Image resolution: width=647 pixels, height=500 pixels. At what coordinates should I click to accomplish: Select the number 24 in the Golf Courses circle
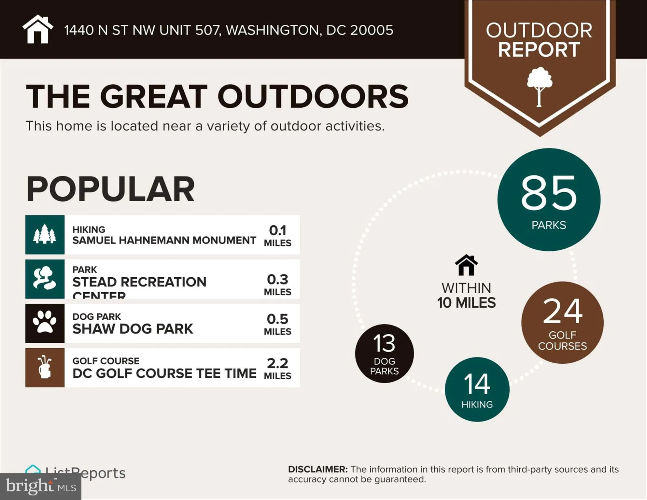pos(562,311)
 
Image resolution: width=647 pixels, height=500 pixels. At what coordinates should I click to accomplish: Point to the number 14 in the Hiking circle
pos(477,384)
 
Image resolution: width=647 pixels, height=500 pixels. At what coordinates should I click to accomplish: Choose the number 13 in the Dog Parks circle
pos(384,343)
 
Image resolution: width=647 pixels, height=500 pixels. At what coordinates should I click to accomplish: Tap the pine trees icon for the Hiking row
pos(45,234)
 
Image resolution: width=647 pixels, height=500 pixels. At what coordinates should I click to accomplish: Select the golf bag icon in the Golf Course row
pos(45,368)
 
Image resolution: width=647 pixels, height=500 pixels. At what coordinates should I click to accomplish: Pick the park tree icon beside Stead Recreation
pos(45,279)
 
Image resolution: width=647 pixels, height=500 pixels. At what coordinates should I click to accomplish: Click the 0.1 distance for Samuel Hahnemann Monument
pos(277,230)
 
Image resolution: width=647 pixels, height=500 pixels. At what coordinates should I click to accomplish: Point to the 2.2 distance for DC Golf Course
pos(277,363)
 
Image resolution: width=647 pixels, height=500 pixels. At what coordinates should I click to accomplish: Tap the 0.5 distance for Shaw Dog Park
pos(277,319)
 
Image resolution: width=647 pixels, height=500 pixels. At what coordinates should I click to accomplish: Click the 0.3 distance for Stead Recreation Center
pos(277,280)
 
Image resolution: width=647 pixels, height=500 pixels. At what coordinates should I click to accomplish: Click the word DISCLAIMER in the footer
pos(317,469)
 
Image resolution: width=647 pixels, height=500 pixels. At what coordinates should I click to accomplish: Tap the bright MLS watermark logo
pos(41,487)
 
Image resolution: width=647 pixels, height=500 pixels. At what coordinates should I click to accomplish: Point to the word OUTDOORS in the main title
pos(313,96)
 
